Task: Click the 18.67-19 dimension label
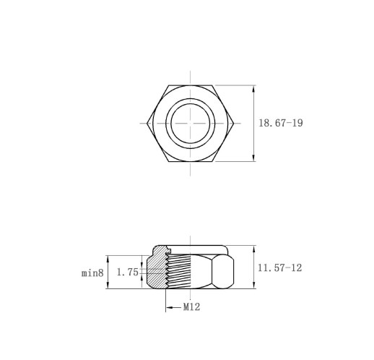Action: click(x=281, y=123)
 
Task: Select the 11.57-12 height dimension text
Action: click(x=279, y=267)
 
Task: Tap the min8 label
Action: click(x=92, y=273)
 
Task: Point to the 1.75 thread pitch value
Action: click(x=128, y=272)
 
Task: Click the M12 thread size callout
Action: click(x=191, y=307)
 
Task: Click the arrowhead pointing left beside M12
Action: click(x=169, y=307)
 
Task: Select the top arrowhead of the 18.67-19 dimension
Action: click(x=253, y=89)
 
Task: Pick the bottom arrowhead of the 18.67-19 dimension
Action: click(x=253, y=158)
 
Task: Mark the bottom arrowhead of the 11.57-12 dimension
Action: click(x=253, y=285)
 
